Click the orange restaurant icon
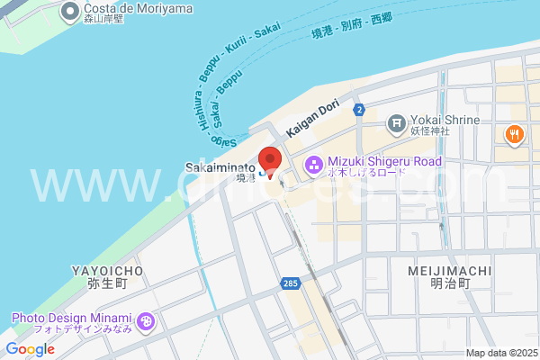click(x=514, y=135)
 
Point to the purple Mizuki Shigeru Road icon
click(x=313, y=165)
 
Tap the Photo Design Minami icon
click(x=146, y=320)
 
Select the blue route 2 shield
click(x=359, y=110)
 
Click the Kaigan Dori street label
click(x=311, y=117)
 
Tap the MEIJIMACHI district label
click(x=449, y=269)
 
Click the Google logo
click(x=30, y=349)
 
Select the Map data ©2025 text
click(x=500, y=353)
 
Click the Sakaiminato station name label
click(x=220, y=167)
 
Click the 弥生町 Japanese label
click(x=101, y=283)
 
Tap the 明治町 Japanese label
click(x=450, y=283)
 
